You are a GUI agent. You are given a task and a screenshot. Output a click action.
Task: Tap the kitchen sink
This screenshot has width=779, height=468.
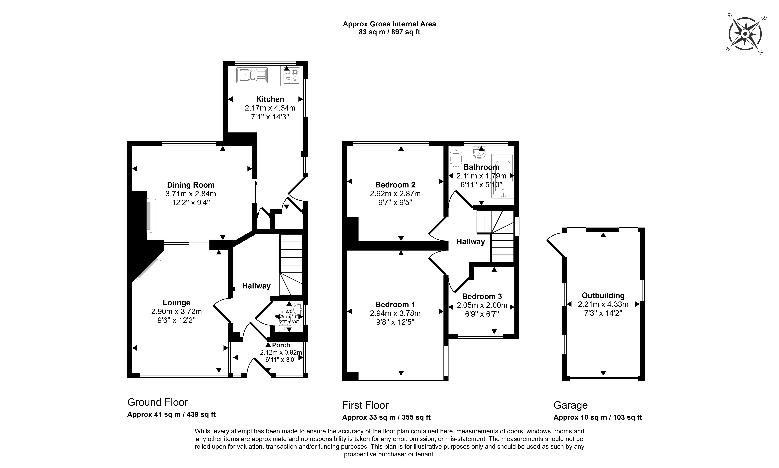pyautogui.click(x=252, y=75)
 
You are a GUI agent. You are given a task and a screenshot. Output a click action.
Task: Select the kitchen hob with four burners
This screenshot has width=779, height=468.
pyautogui.click(x=292, y=76)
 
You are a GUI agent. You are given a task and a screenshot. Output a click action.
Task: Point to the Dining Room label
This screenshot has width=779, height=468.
pyautogui.click(x=191, y=185)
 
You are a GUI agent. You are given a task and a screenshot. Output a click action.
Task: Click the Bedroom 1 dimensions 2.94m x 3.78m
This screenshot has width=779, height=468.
pyautogui.click(x=395, y=313)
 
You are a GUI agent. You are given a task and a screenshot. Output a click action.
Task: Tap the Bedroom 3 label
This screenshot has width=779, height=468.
pyautogui.click(x=482, y=296)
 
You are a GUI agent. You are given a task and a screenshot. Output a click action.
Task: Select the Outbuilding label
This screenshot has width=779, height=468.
pyautogui.click(x=603, y=295)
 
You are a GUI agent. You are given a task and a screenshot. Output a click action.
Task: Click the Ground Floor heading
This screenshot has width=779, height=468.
pyautogui.click(x=158, y=402)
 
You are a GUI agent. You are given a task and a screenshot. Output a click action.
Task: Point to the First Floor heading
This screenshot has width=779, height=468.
pyautogui.click(x=365, y=405)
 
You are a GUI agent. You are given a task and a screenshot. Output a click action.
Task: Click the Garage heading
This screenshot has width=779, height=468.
pyautogui.click(x=570, y=405)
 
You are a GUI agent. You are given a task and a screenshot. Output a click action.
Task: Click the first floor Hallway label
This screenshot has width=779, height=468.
pyautogui.click(x=470, y=242)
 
